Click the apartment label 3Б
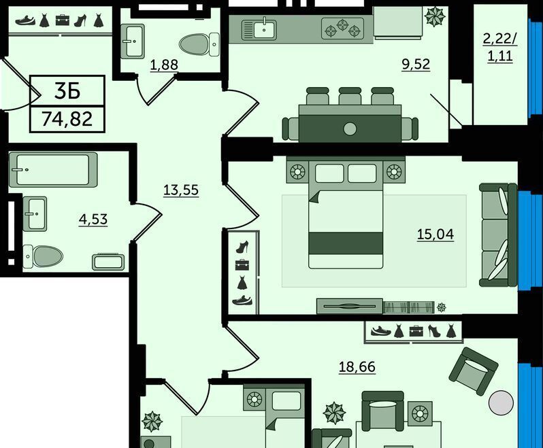(67, 90)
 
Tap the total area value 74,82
(67, 120)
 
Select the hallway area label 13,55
(181, 190)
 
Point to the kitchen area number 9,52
(416, 64)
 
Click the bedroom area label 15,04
(435, 235)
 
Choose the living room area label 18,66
(357, 366)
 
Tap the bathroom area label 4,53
(93, 220)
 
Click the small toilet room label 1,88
(164, 65)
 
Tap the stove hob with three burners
(343, 29)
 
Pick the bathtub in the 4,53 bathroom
(53, 169)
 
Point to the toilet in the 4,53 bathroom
(43, 256)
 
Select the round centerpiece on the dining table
(350, 129)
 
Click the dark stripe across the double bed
(346, 243)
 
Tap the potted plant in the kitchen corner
(435, 16)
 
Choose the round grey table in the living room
(501, 402)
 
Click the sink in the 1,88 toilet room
(133, 41)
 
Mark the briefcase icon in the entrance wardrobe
(63, 20)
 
